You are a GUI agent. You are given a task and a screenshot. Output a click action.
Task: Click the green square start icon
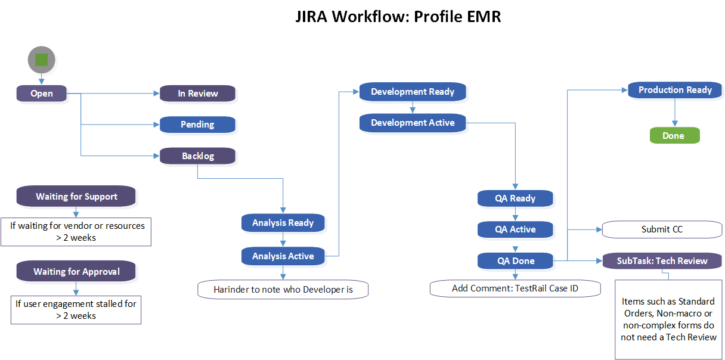pos(41,60)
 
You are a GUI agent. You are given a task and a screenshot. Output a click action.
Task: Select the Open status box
pos(41,93)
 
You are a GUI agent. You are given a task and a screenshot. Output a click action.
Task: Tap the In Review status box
pos(197,93)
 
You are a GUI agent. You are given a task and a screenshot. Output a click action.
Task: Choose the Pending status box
pos(197,125)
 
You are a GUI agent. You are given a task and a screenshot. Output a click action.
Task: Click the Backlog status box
pos(197,156)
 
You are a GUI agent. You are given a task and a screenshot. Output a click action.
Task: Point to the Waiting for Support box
pos(76,197)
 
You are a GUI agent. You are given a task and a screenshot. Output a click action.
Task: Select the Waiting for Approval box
pos(76,272)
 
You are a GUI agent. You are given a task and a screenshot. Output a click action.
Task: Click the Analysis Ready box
pos(283,223)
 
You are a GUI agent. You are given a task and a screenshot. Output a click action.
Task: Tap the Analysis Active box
pos(283,256)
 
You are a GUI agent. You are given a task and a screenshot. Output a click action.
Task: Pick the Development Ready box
pos(413,92)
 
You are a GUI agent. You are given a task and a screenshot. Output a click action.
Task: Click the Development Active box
pos(413,123)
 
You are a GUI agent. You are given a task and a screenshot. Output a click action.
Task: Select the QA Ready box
pos(515,198)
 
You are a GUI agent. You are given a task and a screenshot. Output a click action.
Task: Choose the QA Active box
pos(515,229)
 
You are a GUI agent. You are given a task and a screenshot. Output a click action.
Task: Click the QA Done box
pos(515,261)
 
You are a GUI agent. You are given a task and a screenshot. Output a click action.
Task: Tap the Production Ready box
pos(675,90)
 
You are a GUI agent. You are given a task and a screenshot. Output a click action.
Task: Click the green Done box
pos(673,136)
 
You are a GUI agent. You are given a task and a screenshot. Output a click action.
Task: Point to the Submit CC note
pos(662,229)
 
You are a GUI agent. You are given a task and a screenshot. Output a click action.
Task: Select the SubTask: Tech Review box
pos(662,261)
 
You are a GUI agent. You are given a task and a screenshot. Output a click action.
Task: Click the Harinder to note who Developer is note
pos(283,290)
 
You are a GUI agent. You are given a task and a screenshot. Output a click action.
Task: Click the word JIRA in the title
pos(311,16)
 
